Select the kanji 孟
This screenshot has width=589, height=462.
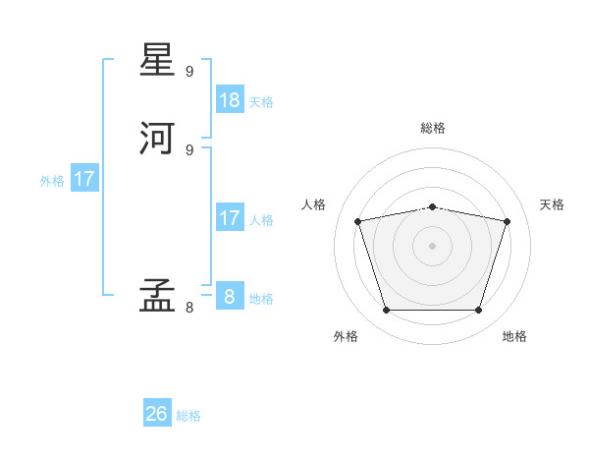pos(158,294)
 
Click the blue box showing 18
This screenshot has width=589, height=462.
pos(230,100)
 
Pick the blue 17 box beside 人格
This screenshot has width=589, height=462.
pos(230,218)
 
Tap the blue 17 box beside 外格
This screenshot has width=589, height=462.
pos(84,179)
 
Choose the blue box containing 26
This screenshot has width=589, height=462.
pos(157,414)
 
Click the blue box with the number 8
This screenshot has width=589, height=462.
pos(230,297)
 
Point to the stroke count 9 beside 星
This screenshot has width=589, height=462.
pos(189,72)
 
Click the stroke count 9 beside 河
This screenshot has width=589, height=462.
pos(189,149)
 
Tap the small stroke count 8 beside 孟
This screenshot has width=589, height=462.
pos(189,308)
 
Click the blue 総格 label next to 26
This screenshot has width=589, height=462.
pos(188,416)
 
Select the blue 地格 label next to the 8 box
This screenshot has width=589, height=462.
pos(261,299)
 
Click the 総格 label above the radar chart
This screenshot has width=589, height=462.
pos(432,128)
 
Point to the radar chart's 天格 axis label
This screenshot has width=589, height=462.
pos(552,204)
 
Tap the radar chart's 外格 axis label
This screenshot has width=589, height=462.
pos(346,336)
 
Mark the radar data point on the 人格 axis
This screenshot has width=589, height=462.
pos(358,221)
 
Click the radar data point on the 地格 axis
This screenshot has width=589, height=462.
pos(478,311)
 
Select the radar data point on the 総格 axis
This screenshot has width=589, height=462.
pos(432,206)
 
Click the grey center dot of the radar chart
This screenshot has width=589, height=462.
pos(432,245)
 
